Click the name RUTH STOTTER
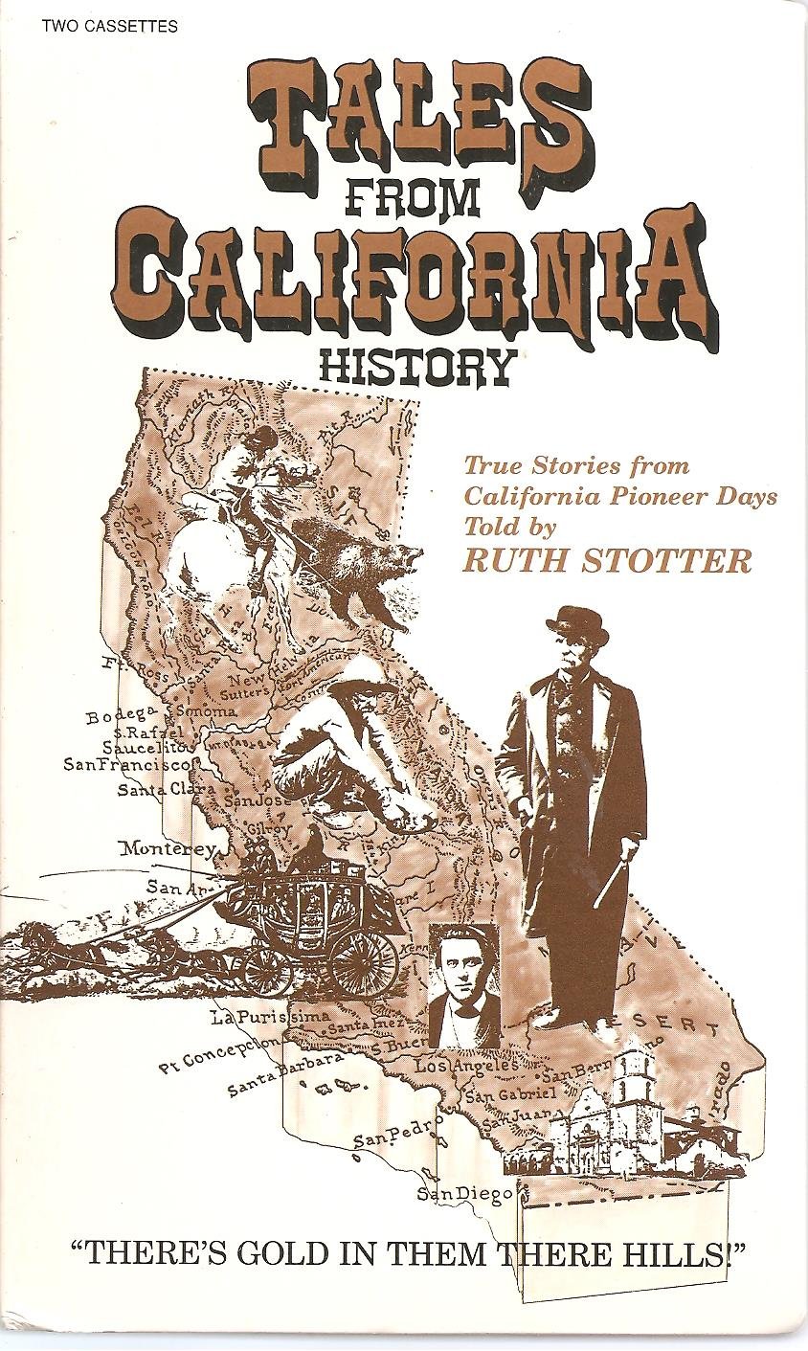tap(608, 561)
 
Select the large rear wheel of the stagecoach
tap(363, 963)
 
